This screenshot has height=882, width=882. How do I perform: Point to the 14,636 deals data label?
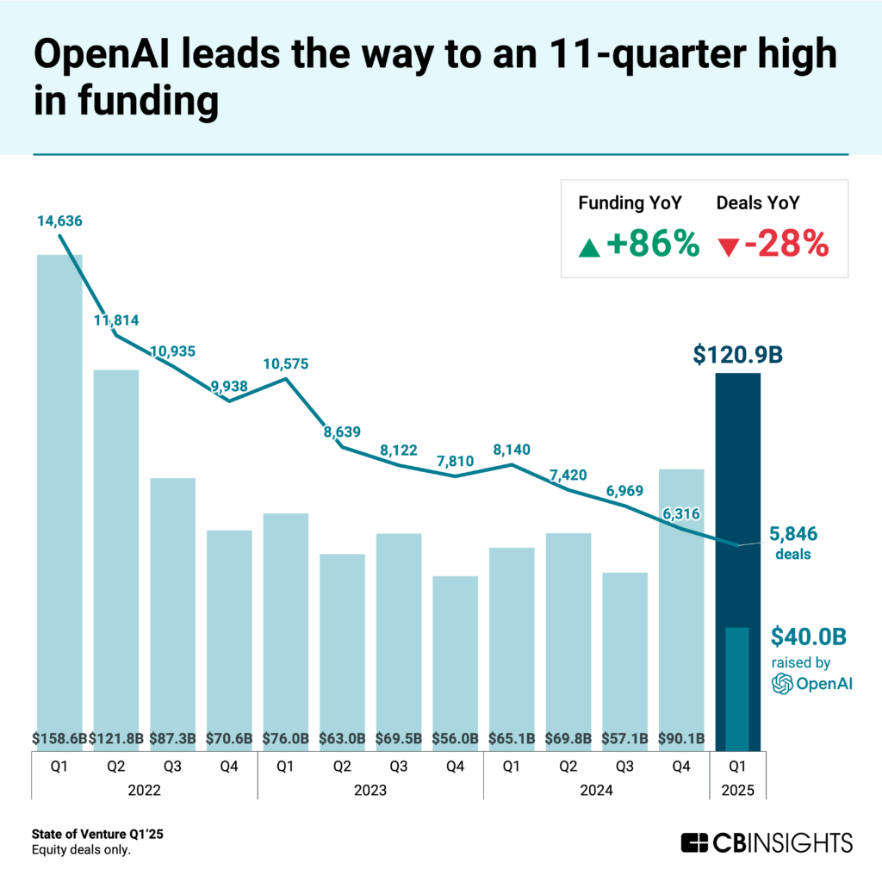59,221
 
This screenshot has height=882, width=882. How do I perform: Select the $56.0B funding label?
455,738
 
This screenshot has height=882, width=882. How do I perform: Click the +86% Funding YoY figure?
651,245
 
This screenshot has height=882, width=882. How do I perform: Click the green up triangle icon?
589,248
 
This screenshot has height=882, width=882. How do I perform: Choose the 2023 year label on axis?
370,788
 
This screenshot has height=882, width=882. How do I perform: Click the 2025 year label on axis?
737,788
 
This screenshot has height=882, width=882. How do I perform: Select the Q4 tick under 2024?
681,763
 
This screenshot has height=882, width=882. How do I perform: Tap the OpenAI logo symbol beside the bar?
782,684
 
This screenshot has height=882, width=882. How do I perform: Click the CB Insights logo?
767,842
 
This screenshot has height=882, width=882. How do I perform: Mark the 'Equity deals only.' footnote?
81,850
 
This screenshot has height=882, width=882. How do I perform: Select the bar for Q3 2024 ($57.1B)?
624,655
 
